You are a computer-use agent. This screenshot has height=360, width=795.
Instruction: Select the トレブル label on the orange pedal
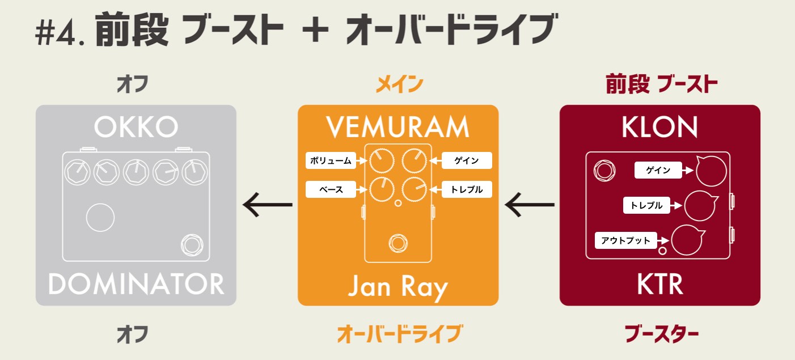coord(467,189)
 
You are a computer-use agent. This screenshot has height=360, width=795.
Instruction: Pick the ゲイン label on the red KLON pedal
coord(658,170)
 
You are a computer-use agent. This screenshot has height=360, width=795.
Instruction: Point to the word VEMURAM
coord(398,128)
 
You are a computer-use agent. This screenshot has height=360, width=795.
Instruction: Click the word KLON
coord(659,128)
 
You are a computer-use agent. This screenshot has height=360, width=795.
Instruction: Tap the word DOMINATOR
coord(136,283)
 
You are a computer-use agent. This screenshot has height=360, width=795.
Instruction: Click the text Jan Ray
coord(397,287)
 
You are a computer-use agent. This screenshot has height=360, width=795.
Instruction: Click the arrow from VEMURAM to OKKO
coord(267,205)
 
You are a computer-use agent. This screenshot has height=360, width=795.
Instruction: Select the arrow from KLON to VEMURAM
coord(529,205)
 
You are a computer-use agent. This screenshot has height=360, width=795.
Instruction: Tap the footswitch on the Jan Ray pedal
coord(397,244)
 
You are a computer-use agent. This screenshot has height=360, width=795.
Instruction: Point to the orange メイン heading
coord(399,86)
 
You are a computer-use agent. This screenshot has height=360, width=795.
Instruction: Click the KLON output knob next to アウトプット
coord(687,240)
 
